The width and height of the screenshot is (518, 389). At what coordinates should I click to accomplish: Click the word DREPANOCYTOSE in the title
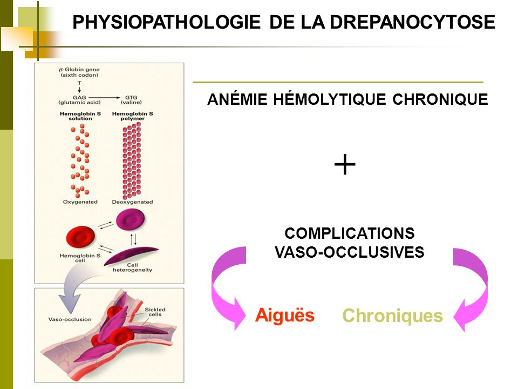pyautogui.click(x=412, y=22)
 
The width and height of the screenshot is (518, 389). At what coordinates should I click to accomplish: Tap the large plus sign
pyautogui.click(x=345, y=164)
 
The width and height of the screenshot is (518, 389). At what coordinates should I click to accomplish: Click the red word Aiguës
pyautogui.click(x=285, y=315)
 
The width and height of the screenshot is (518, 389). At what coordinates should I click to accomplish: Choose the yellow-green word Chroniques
pyautogui.click(x=392, y=315)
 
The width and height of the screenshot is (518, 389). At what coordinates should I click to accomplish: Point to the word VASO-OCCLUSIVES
pyautogui.click(x=350, y=252)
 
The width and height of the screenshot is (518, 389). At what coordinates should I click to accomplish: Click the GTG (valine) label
pyautogui.click(x=131, y=100)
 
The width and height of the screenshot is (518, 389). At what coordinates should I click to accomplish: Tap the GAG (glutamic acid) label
pyautogui.click(x=79, y=100)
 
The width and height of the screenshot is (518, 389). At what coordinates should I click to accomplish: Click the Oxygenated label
pyautogui.click(x=80, y=202)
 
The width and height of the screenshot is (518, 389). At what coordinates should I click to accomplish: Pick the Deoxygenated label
pyautogui.click(x=133, y=202)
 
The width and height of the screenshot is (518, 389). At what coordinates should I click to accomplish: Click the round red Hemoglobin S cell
pyautogui.click(x=80, y=237)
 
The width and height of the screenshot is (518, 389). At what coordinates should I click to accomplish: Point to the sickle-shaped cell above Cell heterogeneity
pyautogui.click(x=131, y=256)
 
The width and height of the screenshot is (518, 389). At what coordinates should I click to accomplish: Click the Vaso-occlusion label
pyautogui.click(x=70, y=319)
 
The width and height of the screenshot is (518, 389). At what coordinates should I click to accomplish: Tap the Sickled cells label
pyautogui.click(x=155, y=312)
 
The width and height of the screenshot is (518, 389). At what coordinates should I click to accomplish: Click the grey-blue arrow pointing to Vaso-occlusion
pyautogui.click(x=74, y=288)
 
